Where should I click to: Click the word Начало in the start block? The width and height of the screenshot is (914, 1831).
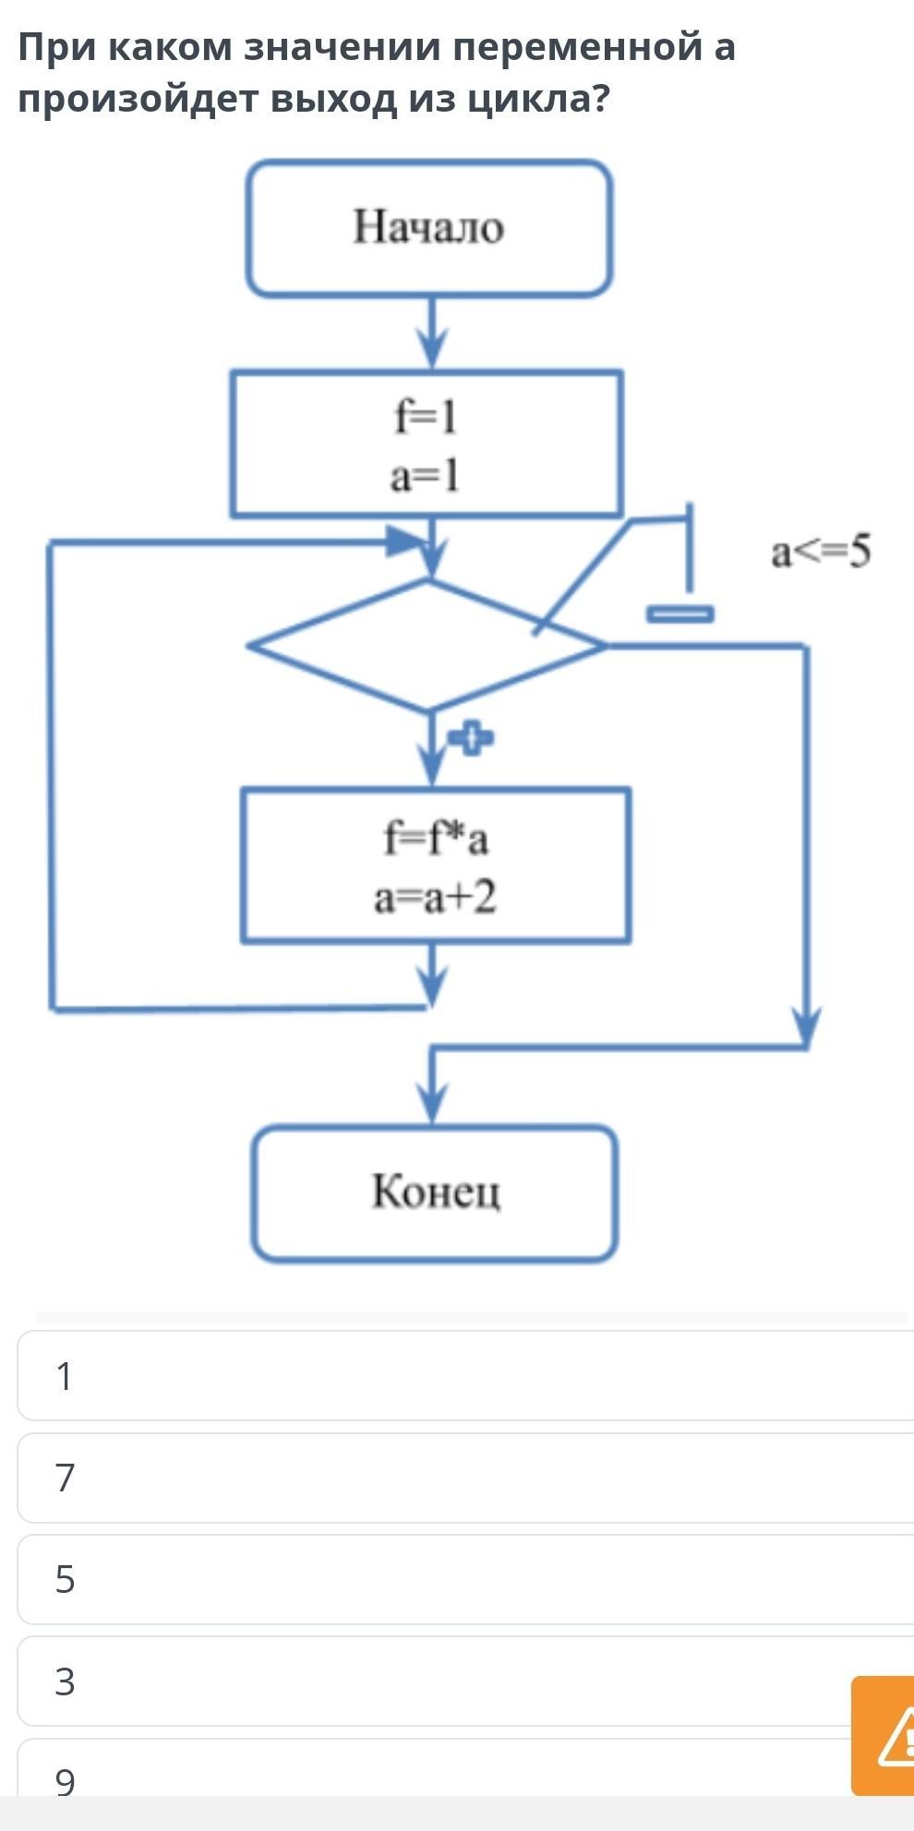point(428,227)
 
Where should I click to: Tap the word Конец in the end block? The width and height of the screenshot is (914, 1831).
point(436,1191)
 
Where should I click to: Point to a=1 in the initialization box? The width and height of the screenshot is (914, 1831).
point(424,476)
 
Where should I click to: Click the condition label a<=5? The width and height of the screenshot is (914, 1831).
point(821,552)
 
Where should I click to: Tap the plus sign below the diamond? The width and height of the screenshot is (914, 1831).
point(471,738)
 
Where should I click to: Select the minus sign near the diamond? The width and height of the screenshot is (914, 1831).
point(680,614)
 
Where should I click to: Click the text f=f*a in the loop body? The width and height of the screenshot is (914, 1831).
point(436,838)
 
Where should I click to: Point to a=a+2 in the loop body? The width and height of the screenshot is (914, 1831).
point(435,897)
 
